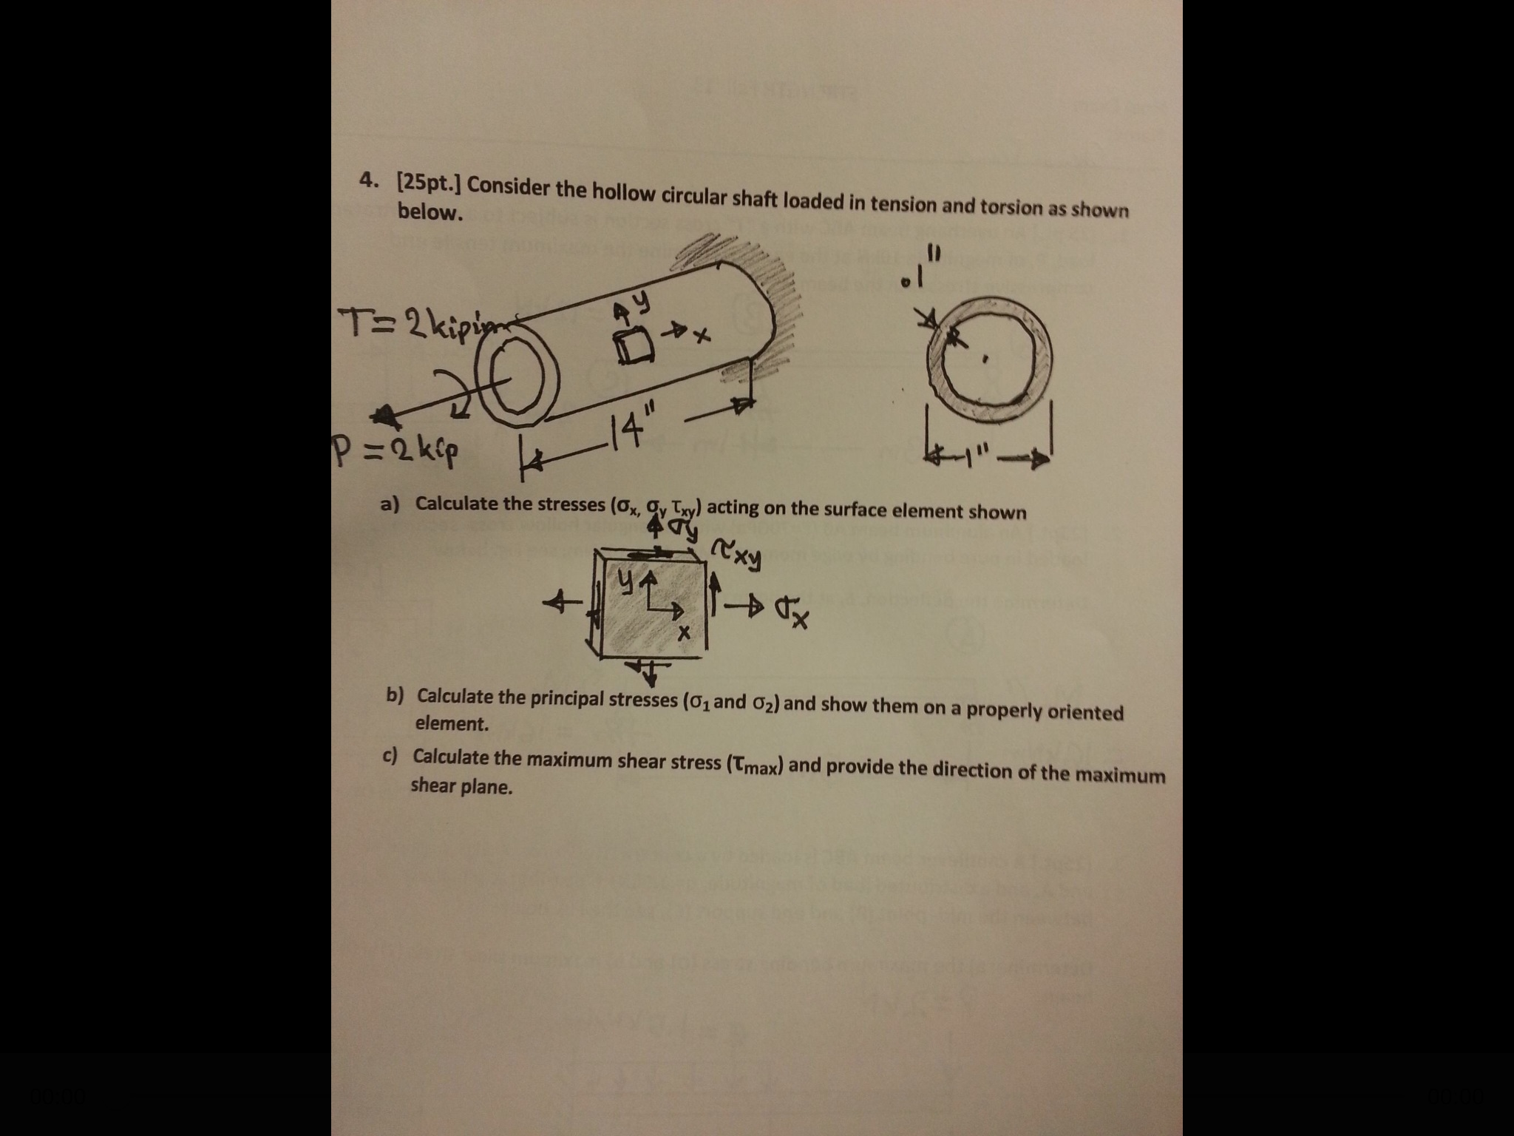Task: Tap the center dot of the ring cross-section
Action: (x=984, y=360)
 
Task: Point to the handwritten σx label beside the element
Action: (x=793, y=612)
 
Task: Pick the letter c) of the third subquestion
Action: (x=390, y=754)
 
